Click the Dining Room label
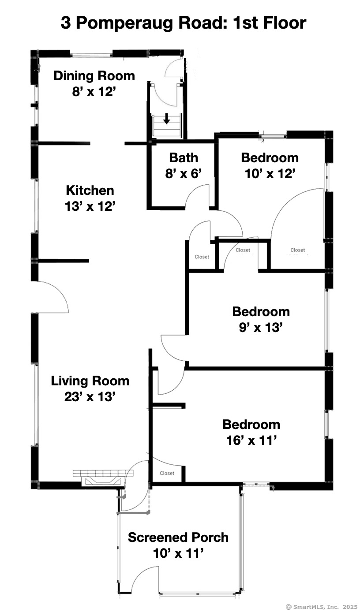94,76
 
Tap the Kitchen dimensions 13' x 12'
90,206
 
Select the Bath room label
184,158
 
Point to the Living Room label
90,381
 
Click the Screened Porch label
178,537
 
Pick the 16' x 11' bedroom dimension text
251,440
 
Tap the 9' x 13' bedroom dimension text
261,327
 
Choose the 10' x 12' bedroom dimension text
270,173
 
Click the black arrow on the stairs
166,119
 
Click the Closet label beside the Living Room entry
167,473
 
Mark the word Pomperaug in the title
124,23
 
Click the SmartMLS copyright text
322,607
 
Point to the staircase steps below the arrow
166,126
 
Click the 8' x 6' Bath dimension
184,173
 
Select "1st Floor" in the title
270,22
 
